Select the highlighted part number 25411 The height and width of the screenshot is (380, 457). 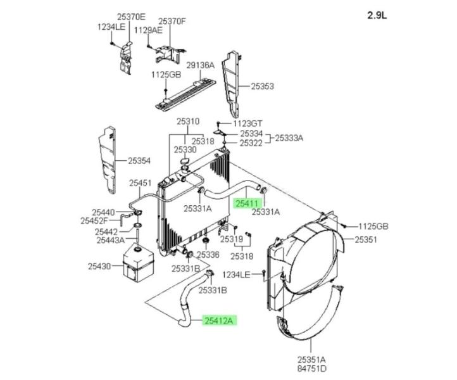(x=246, y=204)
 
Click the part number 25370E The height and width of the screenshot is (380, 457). (x=130, y=17)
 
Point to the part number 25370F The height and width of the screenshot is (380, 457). (x=172, y=21)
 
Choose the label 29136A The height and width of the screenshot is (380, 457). (x=200, y=65)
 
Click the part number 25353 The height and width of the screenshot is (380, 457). (x=262, y=86)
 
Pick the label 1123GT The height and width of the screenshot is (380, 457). (x=249, y=123)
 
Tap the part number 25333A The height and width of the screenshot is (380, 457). (x=289, y=138)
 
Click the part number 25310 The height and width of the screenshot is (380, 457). (x=187, y=121)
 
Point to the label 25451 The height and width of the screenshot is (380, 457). (x=141, y=184)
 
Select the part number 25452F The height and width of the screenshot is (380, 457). (x=95, y=221)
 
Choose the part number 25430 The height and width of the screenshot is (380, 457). (x=100, y=267)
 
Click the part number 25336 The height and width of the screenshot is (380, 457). (x=208, y=255)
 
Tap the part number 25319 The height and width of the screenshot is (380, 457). (x=232, y=240)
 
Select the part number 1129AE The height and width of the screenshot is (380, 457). (x=148, y=30)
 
